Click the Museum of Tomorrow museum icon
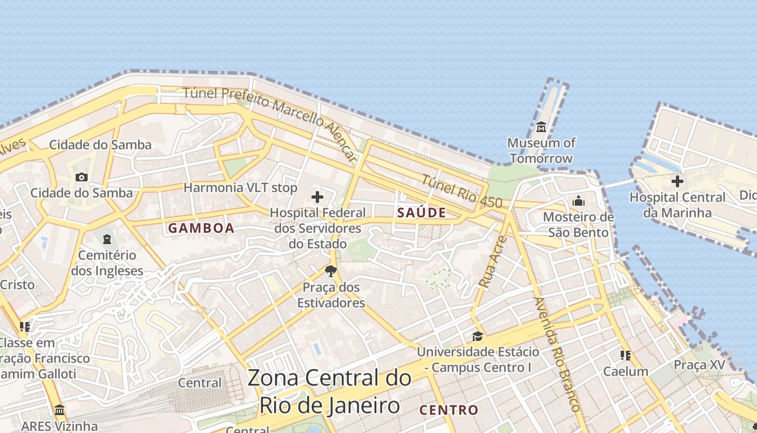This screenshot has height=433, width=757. [x=541, y=127]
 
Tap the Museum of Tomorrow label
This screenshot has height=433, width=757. [x=541, y=151]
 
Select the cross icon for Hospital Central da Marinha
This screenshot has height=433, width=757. [x=677, y=181]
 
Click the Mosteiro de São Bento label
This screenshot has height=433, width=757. [x=579, y=225]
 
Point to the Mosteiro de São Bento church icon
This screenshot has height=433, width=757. [x=579, y=201]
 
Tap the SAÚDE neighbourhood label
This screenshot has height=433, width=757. [x=422, y=213]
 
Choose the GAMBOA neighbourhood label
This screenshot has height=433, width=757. [x=201, y=228]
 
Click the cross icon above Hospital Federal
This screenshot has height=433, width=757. [x=317, y=197]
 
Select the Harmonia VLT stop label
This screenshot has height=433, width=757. [x=241, y=188]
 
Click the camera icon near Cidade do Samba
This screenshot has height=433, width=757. [x=82, y=177]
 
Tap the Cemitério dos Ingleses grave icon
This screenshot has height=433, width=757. [x=107, y=239]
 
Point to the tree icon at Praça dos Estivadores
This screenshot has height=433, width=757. [x=331, y=271]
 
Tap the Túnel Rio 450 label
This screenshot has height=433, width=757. [x=462, y=192]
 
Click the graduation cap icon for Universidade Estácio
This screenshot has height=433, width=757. [x=477, y=337]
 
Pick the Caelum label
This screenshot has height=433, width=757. [x=626, y=371]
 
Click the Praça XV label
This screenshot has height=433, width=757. [x=699, y=365]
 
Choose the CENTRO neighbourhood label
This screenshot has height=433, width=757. [x=449, y=410]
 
